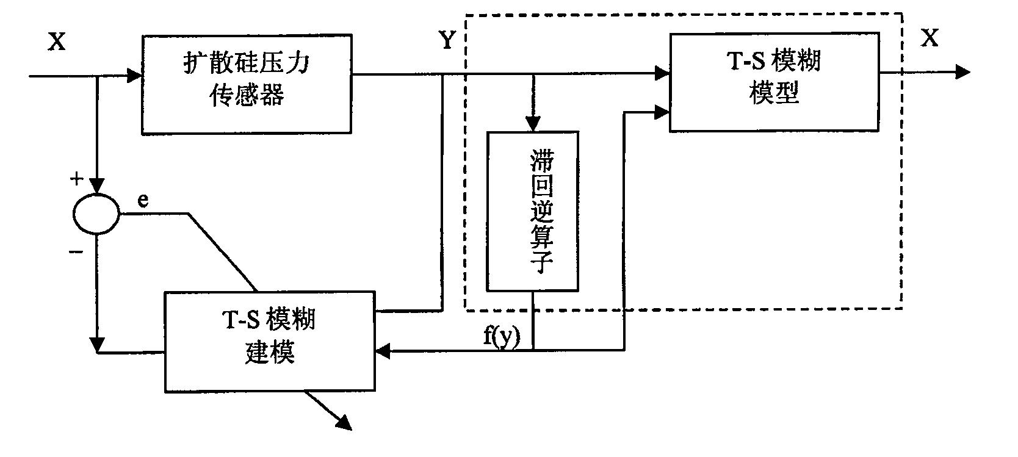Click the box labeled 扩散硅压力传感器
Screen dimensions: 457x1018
pos(247,84)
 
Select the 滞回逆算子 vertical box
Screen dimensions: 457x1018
pos(532,211)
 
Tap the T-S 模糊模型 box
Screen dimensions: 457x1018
pos(774,82)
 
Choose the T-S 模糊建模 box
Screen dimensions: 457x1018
pos(269,341)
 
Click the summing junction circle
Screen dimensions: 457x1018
pos(97,214)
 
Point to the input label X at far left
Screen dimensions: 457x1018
pos(57,43)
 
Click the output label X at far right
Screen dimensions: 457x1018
pos(930,38)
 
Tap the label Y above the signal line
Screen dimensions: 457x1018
pos(447,41)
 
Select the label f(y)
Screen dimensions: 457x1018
pos(502,337)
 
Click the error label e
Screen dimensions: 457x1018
pos(143,201)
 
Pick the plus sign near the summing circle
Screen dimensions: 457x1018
pos(77,179)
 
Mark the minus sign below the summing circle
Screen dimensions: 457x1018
pos(77,251)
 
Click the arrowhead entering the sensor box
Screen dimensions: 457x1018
pos(134,77)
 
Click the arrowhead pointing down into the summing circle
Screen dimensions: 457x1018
pos(97,185)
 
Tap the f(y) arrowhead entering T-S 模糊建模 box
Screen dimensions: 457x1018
pos(384,350)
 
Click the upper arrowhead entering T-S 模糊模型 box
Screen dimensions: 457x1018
pos(662,74)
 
